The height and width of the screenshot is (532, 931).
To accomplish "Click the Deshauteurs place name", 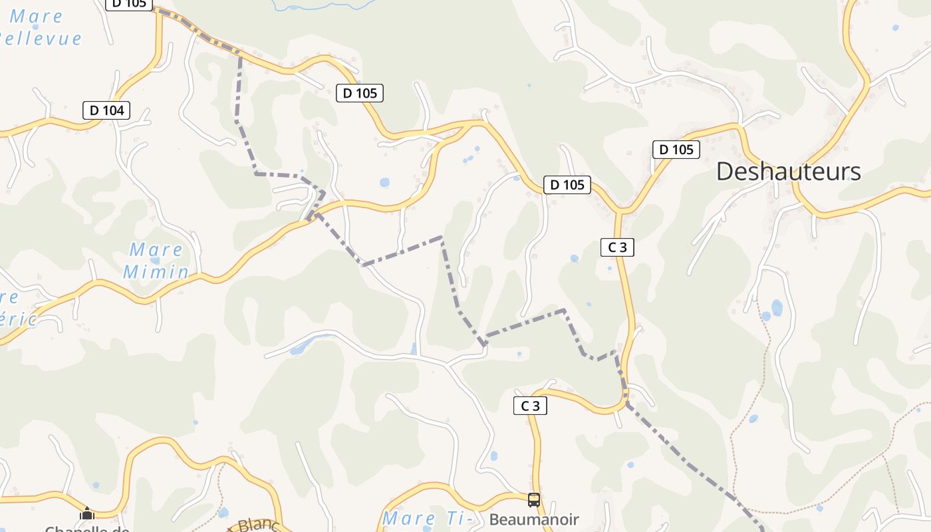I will coord(788,172).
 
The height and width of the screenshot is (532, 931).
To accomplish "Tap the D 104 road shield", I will coord(106,110).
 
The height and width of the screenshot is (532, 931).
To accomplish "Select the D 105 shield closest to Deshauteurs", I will coord(677,150).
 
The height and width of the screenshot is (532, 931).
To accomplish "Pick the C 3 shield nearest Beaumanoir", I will coord(530,406).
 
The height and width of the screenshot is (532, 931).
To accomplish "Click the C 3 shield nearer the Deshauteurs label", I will coord(617,247).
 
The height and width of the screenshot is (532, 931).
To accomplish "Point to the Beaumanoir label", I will coord(534,519).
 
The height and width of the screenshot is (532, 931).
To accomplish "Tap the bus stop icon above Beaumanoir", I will coord(533,499).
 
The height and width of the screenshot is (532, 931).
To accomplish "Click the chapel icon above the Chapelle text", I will coord(87,513).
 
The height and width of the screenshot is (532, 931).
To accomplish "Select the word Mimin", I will coord(156,271).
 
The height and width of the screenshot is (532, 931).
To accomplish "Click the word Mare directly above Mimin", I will coord(156,250).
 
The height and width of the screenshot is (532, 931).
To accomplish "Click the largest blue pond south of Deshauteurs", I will coord(777,307).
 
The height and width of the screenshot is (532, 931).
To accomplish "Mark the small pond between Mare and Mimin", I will coord(155,261).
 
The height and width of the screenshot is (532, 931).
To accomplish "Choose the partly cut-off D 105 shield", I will coord(129,4).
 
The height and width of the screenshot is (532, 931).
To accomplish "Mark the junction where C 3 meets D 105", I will coord(619,211).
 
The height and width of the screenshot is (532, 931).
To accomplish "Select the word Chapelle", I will coord(86,529).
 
